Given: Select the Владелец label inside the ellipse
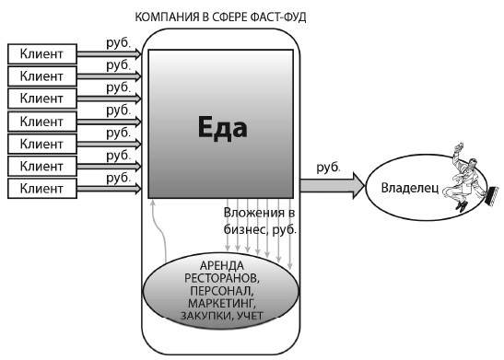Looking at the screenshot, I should (x=407, y=188).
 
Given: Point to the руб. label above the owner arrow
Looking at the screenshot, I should (x=329, y=168).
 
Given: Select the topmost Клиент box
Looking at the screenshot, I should (x=41, y=53).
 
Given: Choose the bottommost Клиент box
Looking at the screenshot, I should (x=41, y=188).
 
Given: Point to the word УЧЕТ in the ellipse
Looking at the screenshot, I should (x=249, y=317).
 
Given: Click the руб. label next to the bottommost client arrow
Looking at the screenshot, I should (x=118, y=176).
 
